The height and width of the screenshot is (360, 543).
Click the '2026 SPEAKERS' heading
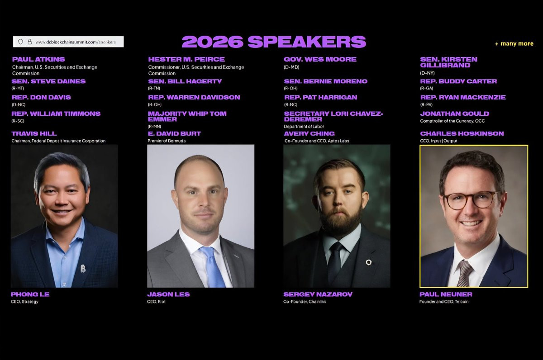(x=274, y=42)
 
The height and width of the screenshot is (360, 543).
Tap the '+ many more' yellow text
(x=514, y=43)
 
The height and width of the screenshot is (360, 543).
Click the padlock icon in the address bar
(x=29, y=42)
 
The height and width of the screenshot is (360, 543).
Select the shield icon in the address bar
(x=21, y=42)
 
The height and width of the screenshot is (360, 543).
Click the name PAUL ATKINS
(x=38, y=59)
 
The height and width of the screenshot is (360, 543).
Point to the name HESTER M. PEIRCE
(x=186, y=59)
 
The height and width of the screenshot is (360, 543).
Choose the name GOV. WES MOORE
(x=320, y=59)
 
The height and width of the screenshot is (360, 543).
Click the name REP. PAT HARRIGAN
(x=321, y=97)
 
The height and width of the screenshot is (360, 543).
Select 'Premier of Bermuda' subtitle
(x=167, y=141)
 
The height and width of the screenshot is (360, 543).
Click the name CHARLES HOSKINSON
(x=462, y=133)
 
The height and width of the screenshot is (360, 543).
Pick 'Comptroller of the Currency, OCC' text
(x=452, y=121)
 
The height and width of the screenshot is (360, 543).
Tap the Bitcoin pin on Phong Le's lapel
(x=83, y=269)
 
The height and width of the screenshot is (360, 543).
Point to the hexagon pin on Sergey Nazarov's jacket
(x=369, y=262)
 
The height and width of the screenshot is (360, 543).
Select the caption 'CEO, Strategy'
(x=25, y=302)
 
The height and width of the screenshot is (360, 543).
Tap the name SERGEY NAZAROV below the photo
(x=318, y=294)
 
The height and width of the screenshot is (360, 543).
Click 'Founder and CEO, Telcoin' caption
(x=444, y=302)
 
